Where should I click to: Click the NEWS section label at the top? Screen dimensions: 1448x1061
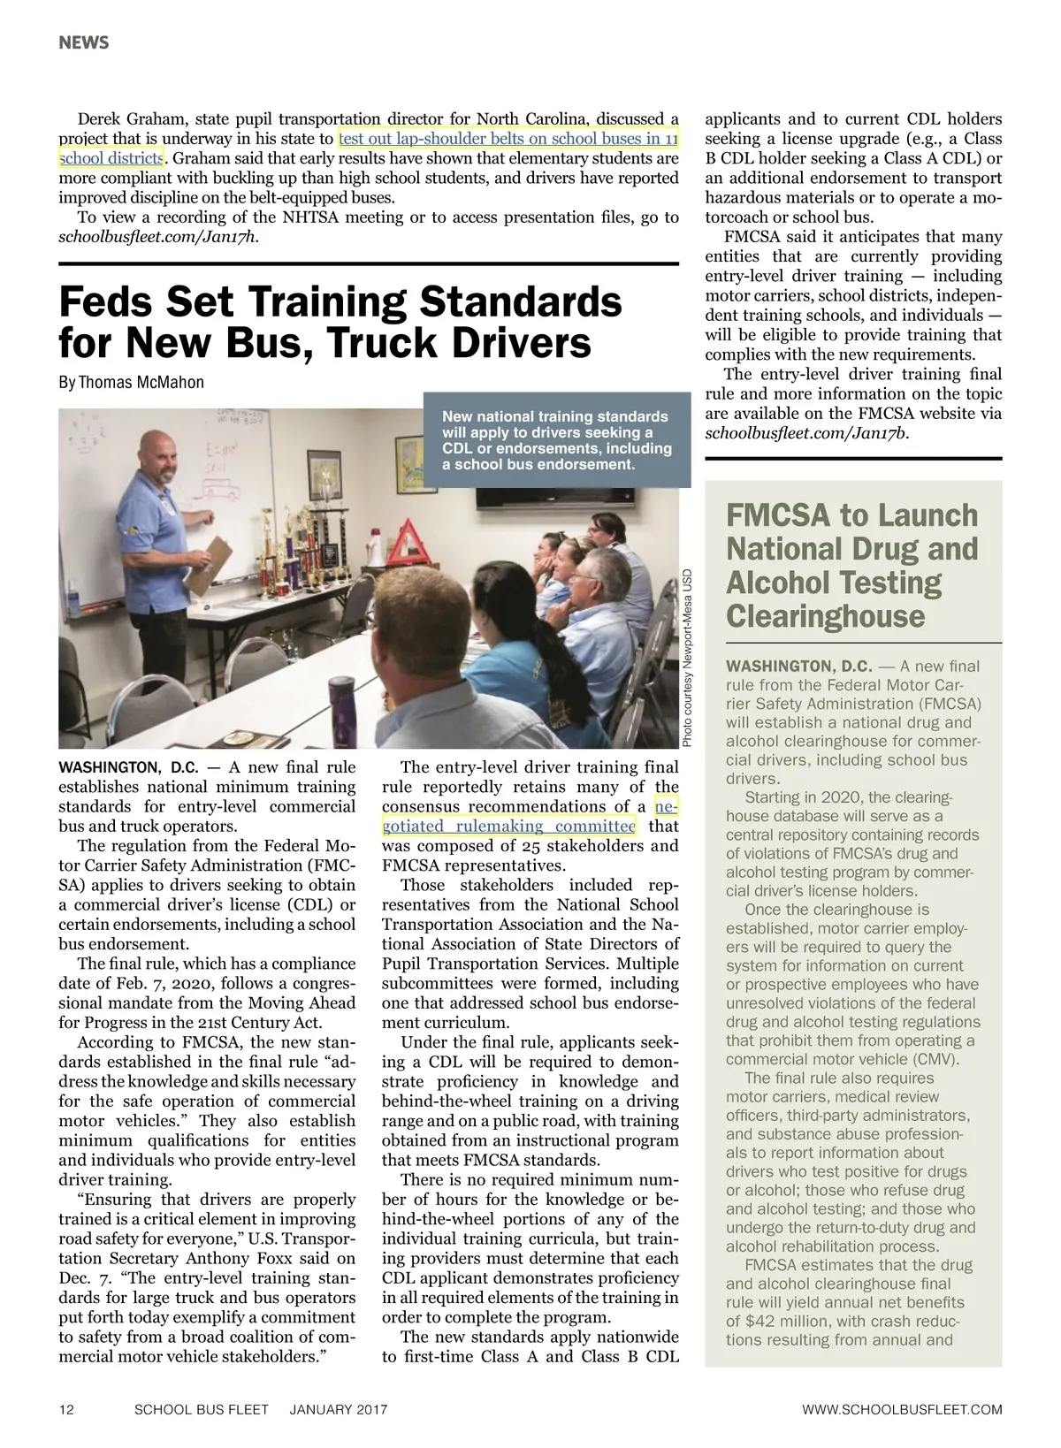coord(84,42)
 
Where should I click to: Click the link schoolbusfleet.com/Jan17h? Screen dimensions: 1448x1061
coord(158,237)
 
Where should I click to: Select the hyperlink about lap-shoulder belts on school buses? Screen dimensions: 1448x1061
coord(508,139)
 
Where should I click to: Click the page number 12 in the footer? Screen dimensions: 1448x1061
coord(66,1409)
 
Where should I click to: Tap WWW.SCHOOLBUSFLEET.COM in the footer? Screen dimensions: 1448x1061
coord(902,1409)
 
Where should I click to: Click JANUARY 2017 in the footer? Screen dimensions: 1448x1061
coord(339,1409)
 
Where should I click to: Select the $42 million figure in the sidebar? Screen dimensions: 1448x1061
coord(788,1321)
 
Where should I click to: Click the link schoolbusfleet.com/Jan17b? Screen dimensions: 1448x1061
coord(806,433)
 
